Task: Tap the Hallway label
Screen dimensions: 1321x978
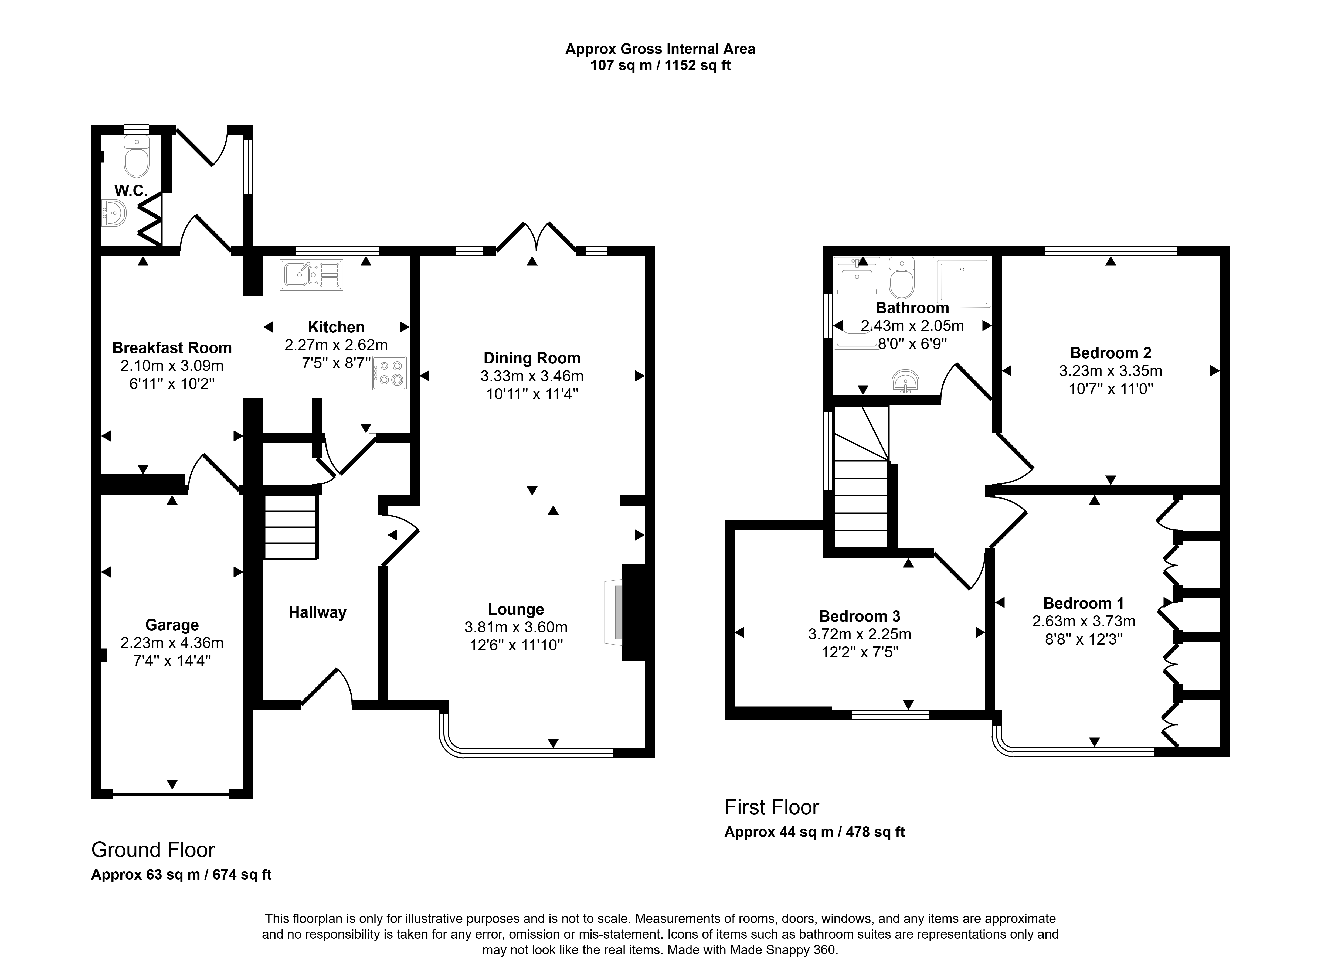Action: (317, 612)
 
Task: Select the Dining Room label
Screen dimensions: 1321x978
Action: (532, 357)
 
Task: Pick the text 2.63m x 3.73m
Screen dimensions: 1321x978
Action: (1084, 621)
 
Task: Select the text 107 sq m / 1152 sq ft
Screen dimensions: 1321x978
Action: (660, 65)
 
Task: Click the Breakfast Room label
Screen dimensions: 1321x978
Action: (172, 347)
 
